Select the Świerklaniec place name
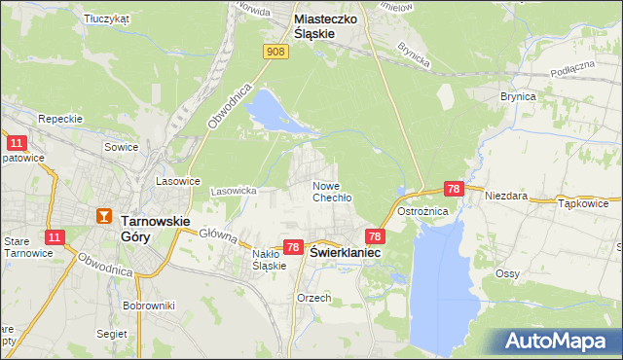[x=345, y=251]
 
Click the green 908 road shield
[x=276, y=52]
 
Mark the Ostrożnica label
[x=449, y=211]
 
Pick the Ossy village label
[x=506, y=273]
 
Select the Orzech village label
[x=314, y=298]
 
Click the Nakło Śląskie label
[x=268, y=259]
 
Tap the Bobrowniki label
[x=149, y=306]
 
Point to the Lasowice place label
[x=178, y=181]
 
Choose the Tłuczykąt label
[x=107, y=18]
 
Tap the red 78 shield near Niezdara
[x=453, y=188]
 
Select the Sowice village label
[x=123, y=147]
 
